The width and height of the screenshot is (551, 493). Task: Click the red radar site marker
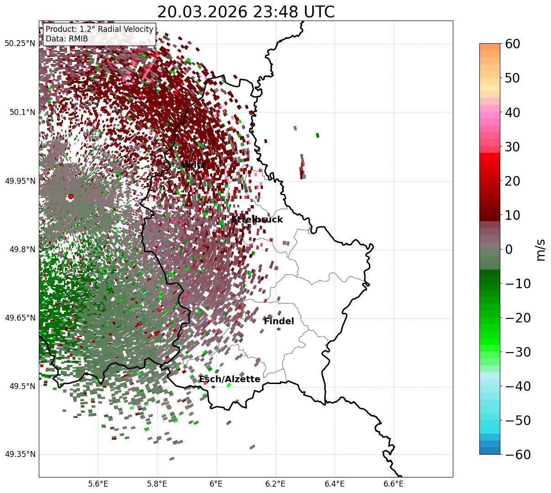(x=70, y=197)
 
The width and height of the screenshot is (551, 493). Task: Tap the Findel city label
(x=278, y=322)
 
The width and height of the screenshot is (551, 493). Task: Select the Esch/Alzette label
(x=230, y=379)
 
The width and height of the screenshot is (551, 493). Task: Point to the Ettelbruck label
(x=257, y=220)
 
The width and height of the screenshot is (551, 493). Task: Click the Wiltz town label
(x=194, y=165)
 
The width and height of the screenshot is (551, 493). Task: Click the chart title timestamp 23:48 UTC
(x=287, y=12)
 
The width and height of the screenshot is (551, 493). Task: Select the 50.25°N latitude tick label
(x=20, y=44)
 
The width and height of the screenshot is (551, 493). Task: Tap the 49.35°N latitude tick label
(x=20, y=455)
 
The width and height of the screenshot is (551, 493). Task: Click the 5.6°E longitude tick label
(x=98, y=484)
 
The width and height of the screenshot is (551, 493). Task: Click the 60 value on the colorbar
(x=515, y=44)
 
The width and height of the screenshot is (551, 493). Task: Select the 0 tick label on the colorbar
(x=509, y=249)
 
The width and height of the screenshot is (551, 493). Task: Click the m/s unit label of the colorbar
(x=541, y=249)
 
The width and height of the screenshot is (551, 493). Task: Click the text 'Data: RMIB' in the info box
(x=67, y=39)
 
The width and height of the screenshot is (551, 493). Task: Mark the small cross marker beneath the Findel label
(x=278, y=329)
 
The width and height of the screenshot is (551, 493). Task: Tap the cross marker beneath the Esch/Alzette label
(x=213, y=387)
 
